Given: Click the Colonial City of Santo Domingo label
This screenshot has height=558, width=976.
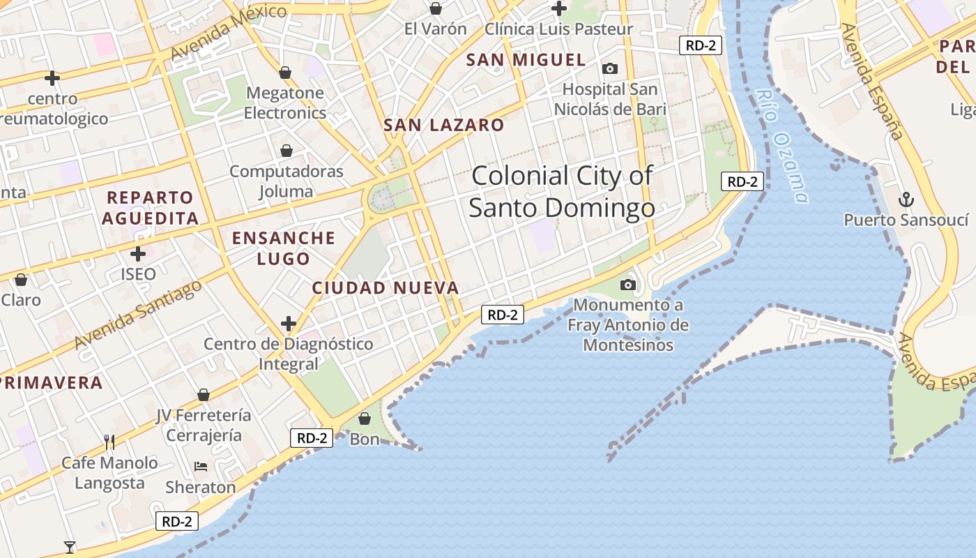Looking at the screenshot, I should pos(562,191).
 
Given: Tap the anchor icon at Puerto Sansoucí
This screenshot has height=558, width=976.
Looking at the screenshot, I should pos(906,200).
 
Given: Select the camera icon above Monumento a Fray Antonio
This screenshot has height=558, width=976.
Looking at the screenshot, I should pos(628,285).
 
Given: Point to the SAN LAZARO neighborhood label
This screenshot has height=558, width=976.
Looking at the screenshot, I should pos(443,126).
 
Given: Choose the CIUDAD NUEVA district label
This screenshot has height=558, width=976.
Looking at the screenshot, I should pos(386,287).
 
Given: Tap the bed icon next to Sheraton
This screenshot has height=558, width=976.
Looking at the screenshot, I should pos(201,466).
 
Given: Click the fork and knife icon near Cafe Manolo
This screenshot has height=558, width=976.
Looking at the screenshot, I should pos(109,442).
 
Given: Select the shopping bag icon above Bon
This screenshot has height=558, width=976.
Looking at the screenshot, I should pos(364,418).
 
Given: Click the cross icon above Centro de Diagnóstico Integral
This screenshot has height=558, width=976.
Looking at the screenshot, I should pos(289,323).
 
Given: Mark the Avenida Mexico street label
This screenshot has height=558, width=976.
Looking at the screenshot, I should pos(228,32).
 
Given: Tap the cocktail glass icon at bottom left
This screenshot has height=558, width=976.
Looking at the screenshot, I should pos(70,547).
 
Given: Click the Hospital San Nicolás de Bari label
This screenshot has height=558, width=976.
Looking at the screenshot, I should pos(610,99).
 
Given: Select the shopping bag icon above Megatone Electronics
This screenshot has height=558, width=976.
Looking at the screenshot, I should pos(285,73).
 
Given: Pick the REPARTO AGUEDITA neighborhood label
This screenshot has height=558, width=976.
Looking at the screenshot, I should pos(150,208).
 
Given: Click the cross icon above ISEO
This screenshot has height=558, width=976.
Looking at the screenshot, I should pos(138,253).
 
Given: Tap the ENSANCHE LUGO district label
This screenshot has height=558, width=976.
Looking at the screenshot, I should pos(284,248).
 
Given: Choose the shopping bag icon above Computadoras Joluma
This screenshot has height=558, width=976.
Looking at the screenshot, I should pos(287,151).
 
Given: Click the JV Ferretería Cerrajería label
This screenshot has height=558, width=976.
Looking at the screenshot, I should pos(204,425).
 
